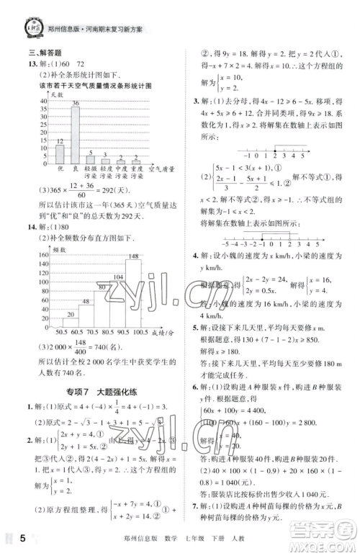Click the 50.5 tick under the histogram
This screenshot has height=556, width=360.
pyautogui.click(x=52, y=333)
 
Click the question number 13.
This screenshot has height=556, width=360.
pyautogui.click(x=33, y=63)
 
